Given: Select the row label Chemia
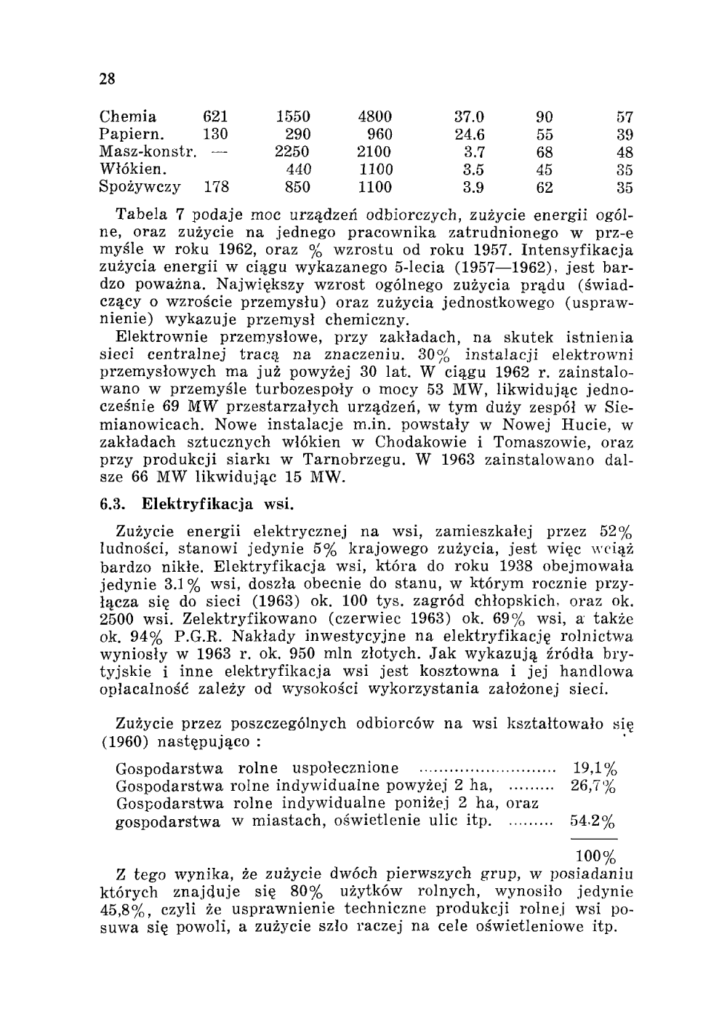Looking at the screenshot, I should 127,116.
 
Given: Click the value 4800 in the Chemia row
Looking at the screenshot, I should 375,116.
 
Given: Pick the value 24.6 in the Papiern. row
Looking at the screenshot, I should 469,134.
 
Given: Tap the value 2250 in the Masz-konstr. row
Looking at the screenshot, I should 292,152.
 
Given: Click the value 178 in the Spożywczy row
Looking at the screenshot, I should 216,187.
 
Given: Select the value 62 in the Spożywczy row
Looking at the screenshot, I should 545,187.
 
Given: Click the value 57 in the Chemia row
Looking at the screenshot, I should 624,116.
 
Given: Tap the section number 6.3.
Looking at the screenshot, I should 113,503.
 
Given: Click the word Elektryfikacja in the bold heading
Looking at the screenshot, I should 190,503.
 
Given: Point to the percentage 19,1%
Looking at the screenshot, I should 595,768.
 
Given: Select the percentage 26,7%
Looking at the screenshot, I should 593,786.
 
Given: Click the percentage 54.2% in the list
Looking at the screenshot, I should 593,822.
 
